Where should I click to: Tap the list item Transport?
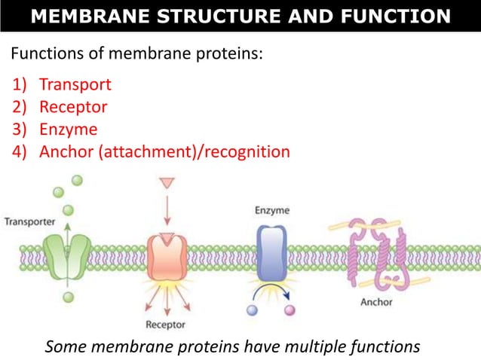[x=75, y=84]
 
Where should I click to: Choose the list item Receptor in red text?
[x=73, y=107]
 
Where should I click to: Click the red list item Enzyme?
[x=68, y=129]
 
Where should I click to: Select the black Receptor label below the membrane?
[x=164, y=325]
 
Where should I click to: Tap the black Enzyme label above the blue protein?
[x=272, y=211]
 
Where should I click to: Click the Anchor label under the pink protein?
[x=376, y=303]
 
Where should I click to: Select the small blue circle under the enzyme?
[x=253, y=310]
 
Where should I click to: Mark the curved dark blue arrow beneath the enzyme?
[x=271, y=291]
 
